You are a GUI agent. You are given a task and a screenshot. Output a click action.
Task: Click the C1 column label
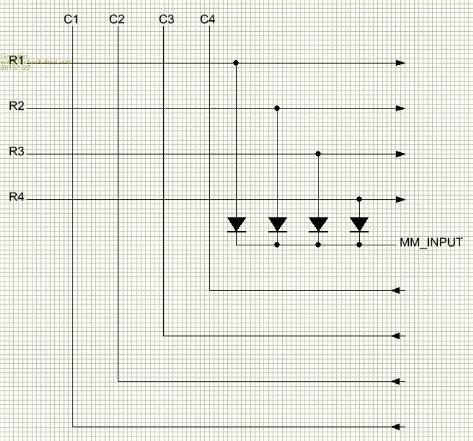pyautogui.click(x=71, y=20)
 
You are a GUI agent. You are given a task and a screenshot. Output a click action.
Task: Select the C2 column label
pyautogui.click(x=117, y=20)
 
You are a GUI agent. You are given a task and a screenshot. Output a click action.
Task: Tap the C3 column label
pyautogui.click(x=166, y=20)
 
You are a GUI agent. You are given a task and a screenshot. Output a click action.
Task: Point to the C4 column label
pyautogui.click(x=208, y=20)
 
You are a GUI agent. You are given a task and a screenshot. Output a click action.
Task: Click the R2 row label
pyautogui.click(x=17, y=106)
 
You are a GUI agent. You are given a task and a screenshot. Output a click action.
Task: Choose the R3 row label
pyautogui.click(x=17, y=151)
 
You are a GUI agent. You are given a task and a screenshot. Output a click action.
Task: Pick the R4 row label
pyautogui.click(x=17, y=197)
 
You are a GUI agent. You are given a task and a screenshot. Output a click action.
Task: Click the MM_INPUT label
pyautogui.click(x=431, y=242)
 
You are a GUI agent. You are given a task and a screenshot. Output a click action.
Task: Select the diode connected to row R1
pyautogui.click(x=236, y=224)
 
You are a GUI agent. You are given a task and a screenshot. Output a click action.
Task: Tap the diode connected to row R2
pyautogui.click(x=277, y=224)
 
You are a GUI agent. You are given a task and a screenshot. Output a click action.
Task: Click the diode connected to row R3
pyautogui.click(x=318, y=224)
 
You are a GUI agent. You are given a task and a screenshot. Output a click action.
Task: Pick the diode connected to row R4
pyautogui.click(x=359, y=224)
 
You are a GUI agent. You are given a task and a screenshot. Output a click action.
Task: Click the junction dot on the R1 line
pyautogui.click(x=236, y=62)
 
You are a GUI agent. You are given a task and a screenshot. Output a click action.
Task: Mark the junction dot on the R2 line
pyautogui.click(x=277, y=108)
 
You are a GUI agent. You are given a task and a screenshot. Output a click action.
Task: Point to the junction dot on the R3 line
pyautogui.click(x=318, y=154)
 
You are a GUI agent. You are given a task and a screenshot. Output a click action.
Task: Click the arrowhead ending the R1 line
pyautogui.click(x=400, y=62)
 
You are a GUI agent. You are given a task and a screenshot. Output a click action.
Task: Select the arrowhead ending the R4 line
pyautogui.click(x=400, y=199)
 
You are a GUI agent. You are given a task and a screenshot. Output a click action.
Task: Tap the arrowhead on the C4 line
pyautogui.click(x=396, y=290)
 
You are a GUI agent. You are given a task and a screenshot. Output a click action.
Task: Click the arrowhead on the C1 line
pyautogui.click(x=396, y=427)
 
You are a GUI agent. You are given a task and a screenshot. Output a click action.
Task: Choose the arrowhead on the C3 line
pyautogui.click(x=396, y=335)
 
